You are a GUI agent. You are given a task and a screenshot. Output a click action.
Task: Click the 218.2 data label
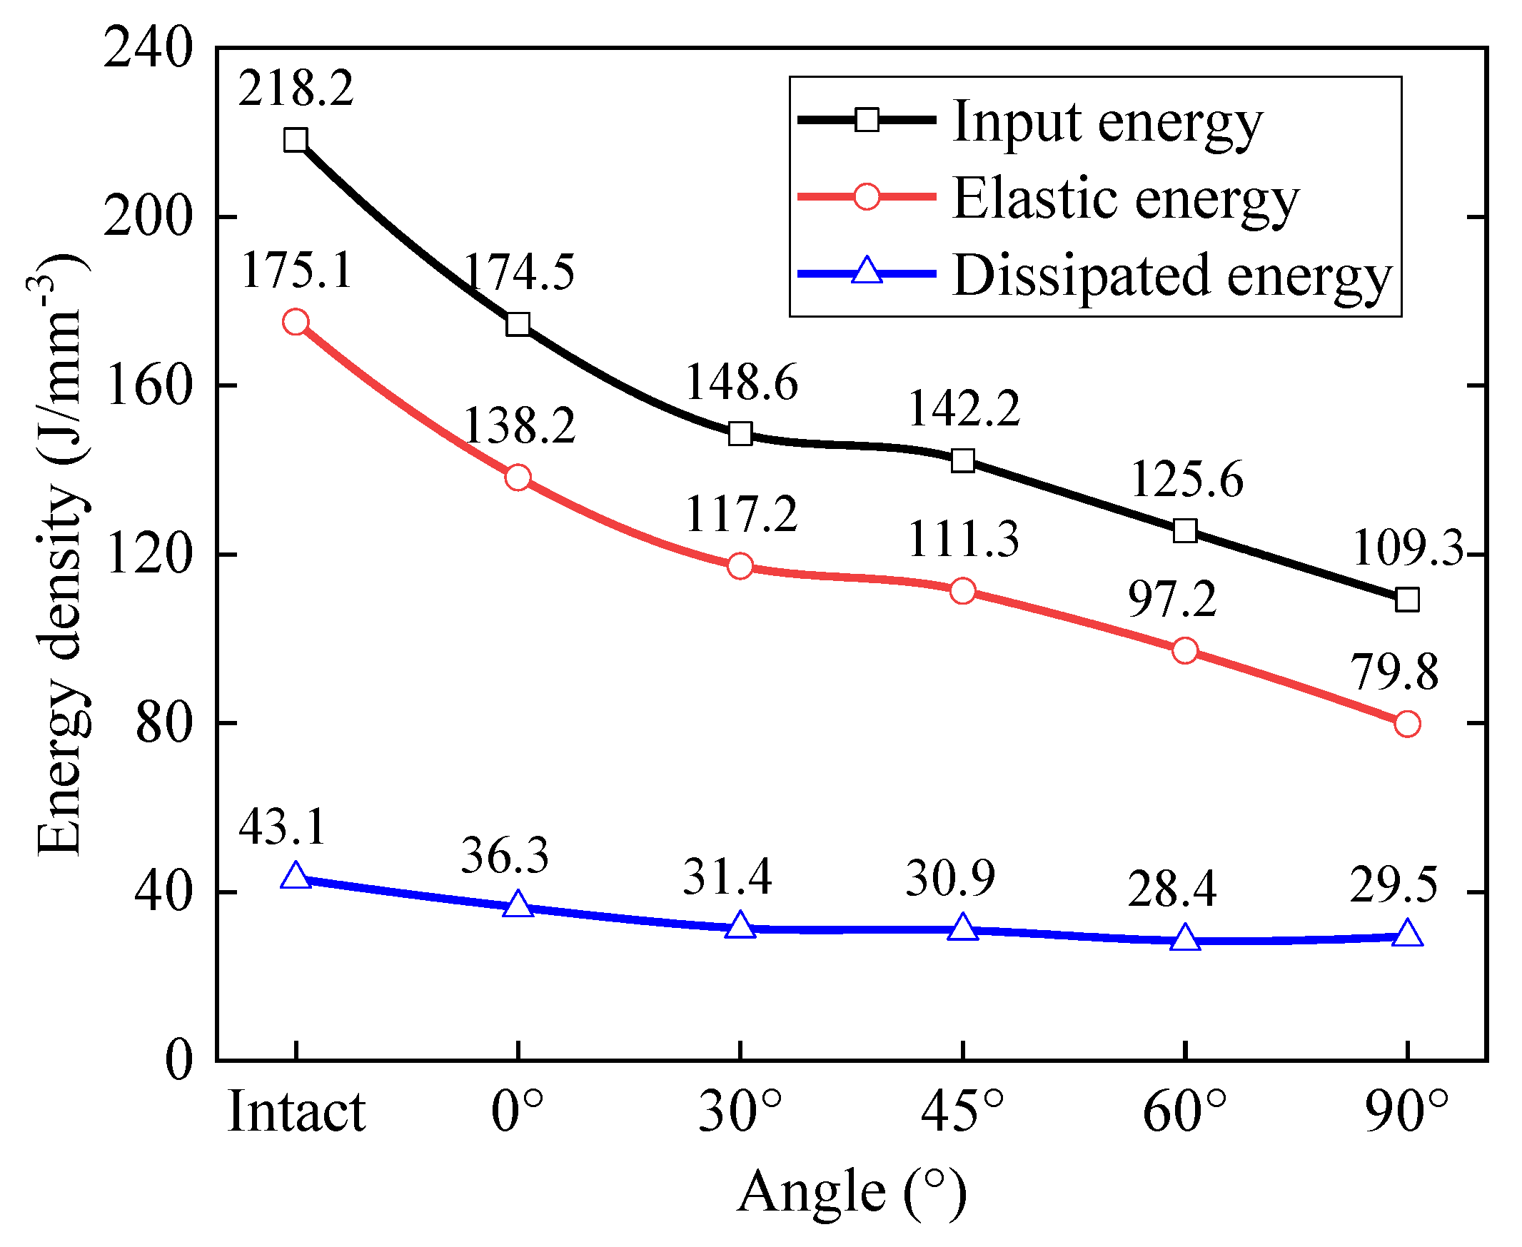tap(296, 90)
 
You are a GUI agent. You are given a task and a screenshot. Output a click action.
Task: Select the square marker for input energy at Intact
tap(296, 140)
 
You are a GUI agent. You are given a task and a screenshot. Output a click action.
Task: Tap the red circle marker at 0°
tap(518, 478)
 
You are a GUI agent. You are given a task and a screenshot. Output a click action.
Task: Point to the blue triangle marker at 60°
tap(1185, 939)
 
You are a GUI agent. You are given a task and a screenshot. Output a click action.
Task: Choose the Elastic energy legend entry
tap(1126, 198)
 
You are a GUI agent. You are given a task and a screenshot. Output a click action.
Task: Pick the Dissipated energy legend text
tap(1172, 275)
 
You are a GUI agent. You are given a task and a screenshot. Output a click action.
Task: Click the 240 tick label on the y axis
tap(148, 49)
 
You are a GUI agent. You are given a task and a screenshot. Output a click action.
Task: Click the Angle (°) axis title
tap(852, 1193)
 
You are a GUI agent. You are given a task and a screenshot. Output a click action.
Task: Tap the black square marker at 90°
tap(1407, 600)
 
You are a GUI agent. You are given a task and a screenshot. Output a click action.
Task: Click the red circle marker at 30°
tap(740, 566)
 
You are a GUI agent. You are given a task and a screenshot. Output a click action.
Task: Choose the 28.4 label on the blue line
tap(1171, 890)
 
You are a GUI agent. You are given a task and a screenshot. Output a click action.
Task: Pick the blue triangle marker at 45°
tap(962, 928)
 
